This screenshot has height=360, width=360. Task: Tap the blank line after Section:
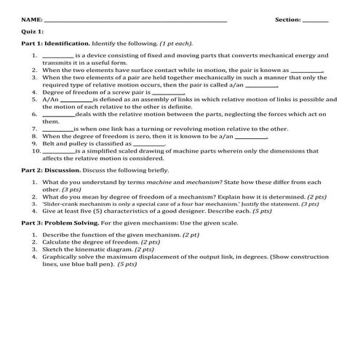315,21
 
